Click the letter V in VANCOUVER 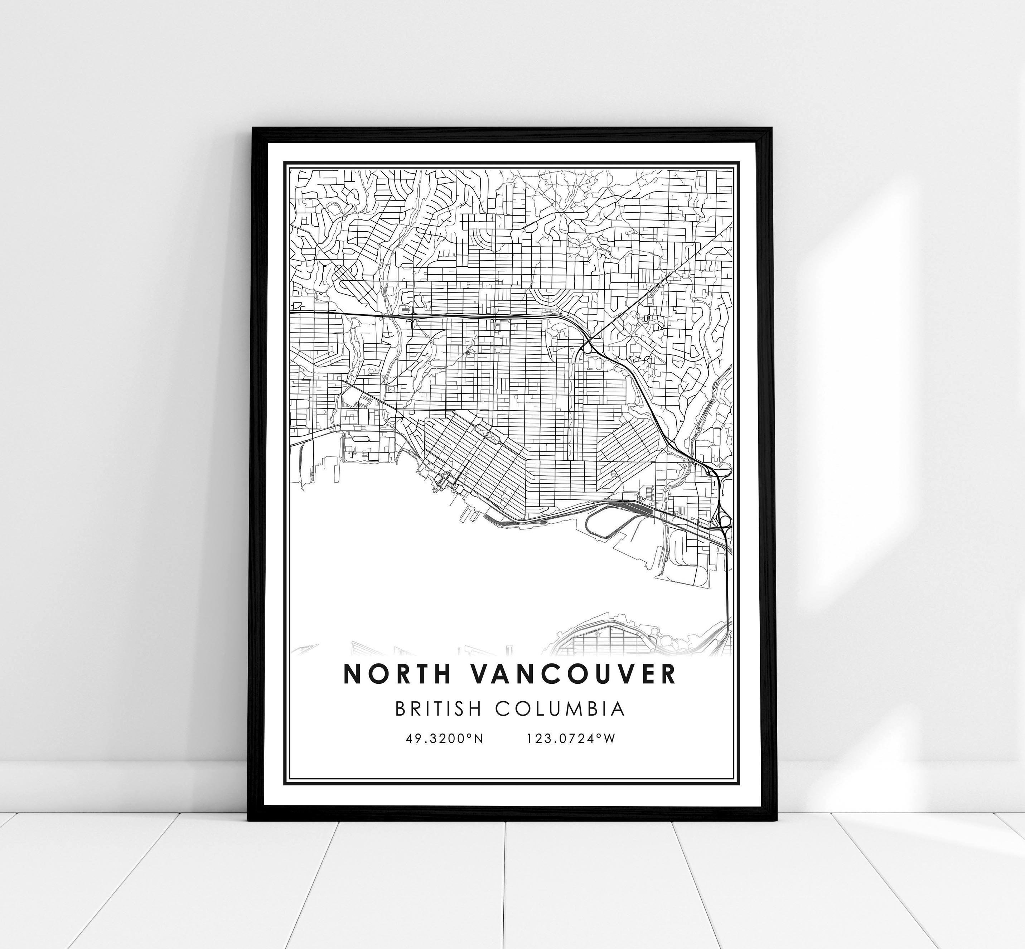(x=477, y=674)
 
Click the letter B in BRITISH (x=401, y=709)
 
